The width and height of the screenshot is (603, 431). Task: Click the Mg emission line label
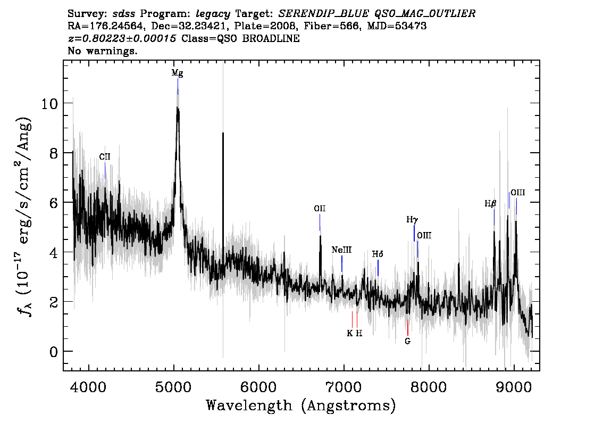(x=177, y=73)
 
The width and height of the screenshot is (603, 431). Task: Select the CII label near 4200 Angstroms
(x=105, y=156)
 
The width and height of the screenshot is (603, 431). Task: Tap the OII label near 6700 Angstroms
(x=320, y=209)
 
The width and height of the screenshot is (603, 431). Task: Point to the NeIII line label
(x=341, y=250)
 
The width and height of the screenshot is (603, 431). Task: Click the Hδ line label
(x=378, y=254)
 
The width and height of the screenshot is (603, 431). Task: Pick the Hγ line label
(x=412, y=220)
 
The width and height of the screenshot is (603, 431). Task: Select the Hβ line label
(x=490, y=204)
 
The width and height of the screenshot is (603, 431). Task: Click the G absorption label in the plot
(x=408, y=341)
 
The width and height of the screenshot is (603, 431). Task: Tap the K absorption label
(x=349, y=333)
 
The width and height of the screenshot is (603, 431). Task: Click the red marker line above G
(x=408, y=327)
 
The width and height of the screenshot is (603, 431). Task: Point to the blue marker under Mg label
(x=178, y=87)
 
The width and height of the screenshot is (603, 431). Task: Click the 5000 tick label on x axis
(x=173, y=387)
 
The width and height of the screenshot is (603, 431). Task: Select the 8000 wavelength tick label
(x=429, y=387)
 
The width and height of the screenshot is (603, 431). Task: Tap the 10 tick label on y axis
(x=49, y=104)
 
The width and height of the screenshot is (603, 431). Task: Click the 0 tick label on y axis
(x=54, y=352)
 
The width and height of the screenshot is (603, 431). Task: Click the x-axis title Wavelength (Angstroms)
(x=301, y=405)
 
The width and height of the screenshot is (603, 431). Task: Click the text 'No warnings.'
(x=102, y=51)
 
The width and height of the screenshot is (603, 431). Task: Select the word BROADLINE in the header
(x=271, y=38)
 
